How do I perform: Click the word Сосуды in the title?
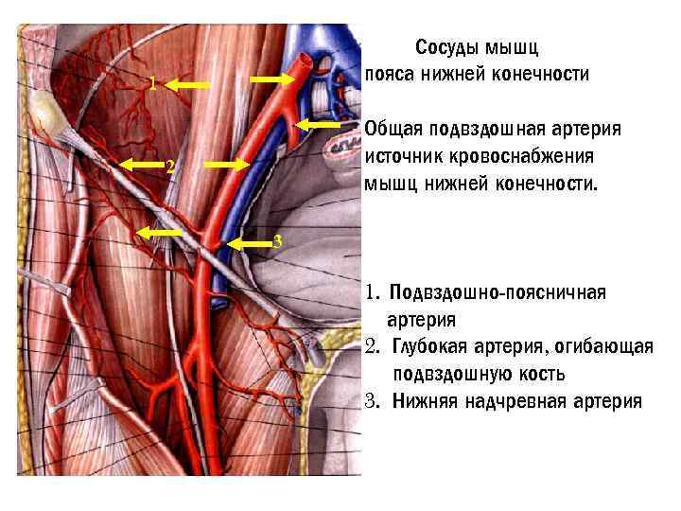click(x=448, y=47)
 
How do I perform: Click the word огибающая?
click(x=600, y=347)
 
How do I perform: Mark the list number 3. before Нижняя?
click(x=372, y=400)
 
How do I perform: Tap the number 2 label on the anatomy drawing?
click(x=168, y=168)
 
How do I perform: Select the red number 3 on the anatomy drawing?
click(x=276, y=242)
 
